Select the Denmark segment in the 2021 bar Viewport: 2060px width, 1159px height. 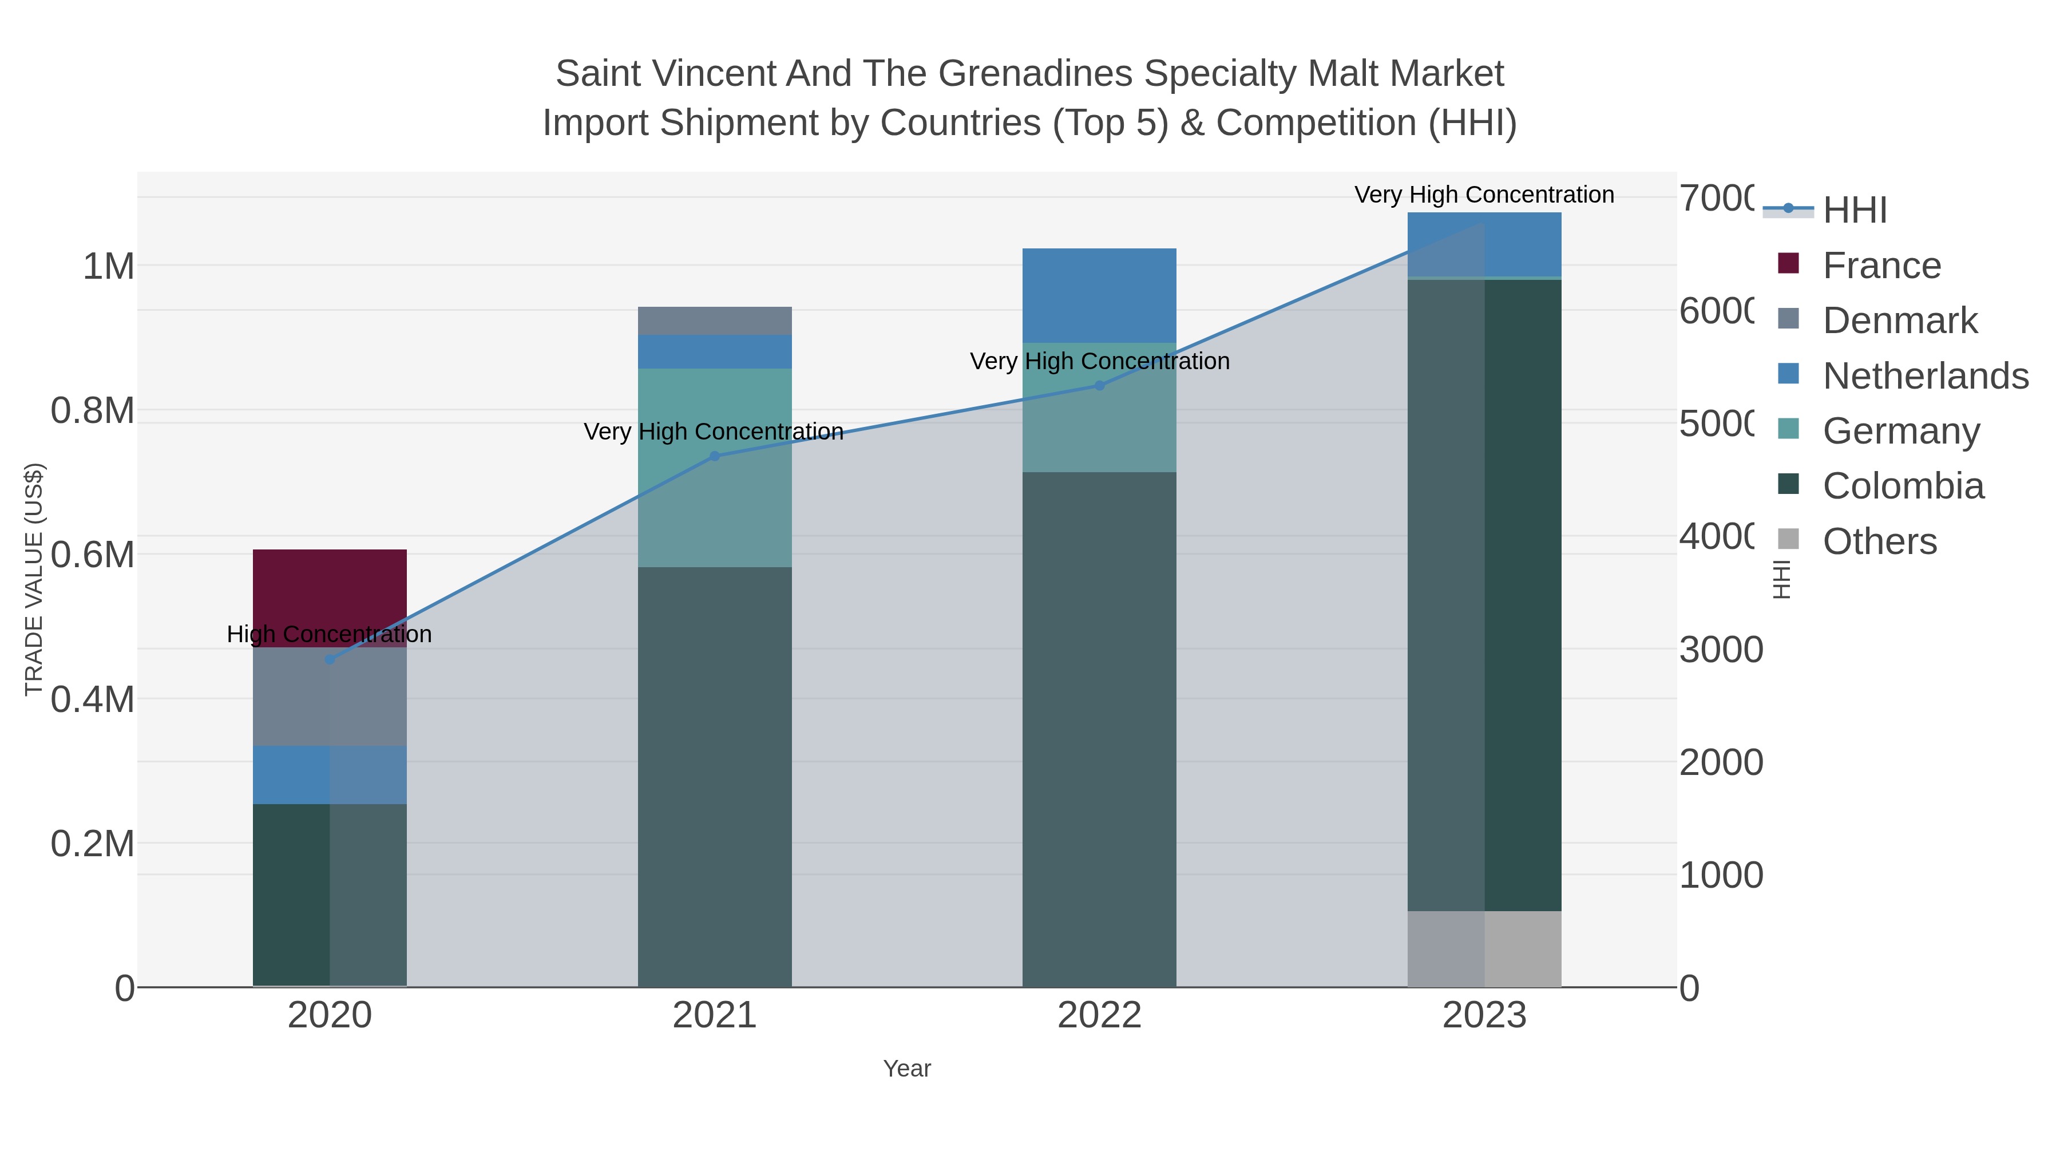tap(714, 321)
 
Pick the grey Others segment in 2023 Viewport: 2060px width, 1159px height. tap(1484, 948)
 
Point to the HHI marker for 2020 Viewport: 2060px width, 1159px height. tap(330, 660)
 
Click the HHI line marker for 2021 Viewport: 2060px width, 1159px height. tap(715, 457)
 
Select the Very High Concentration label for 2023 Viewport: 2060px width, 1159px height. tap(1484, 195)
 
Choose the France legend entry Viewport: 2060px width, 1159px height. tap(1881, 266)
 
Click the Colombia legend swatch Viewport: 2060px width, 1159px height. tap(1788, 485)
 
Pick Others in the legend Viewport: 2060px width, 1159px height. tap(1879, 541)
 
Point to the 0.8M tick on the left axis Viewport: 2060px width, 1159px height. tap(93, 411)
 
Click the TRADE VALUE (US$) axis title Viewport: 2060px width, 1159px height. tap(34, 579)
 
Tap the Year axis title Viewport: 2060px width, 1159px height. tap(907, 1069)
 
